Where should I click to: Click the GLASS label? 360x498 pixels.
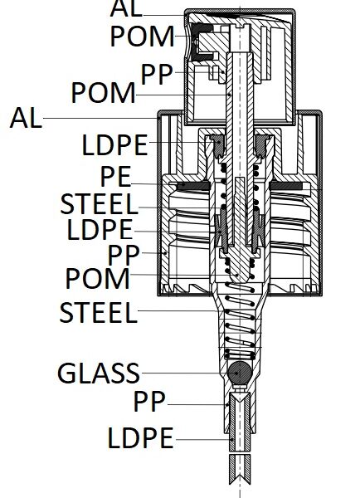click(x=99, y=373)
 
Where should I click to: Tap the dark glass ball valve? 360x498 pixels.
click(x=240, y=372)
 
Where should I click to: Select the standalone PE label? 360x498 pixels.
click(x=115, y=177)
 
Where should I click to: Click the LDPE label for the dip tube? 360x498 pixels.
click(x=141, y=438)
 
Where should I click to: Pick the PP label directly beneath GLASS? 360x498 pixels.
click(x=149, y=401)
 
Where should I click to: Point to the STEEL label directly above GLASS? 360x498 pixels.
click(x=99, y=313)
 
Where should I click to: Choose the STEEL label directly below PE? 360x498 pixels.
click(x=100, y=203)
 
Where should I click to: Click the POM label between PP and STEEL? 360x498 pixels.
click(x=97, y=279)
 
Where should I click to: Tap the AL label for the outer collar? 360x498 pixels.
click(x=26, y=118)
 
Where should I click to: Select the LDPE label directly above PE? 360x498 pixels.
click(x=115, y=144)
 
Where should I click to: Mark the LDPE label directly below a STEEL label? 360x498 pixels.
click(x=100, y=229)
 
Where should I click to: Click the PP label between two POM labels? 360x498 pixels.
click(x=157, y=75)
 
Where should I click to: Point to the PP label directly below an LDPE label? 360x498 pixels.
click(x=124, y=255)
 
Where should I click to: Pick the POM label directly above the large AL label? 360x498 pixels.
click(x=104, y=92)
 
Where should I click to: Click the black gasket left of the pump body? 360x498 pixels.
click(x=193, y=185)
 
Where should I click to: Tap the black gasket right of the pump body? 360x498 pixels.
click(x=285, y=185)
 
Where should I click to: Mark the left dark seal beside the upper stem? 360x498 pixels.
click(x=218, y=146)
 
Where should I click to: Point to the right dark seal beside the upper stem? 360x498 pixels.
click(x=261, y=146)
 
